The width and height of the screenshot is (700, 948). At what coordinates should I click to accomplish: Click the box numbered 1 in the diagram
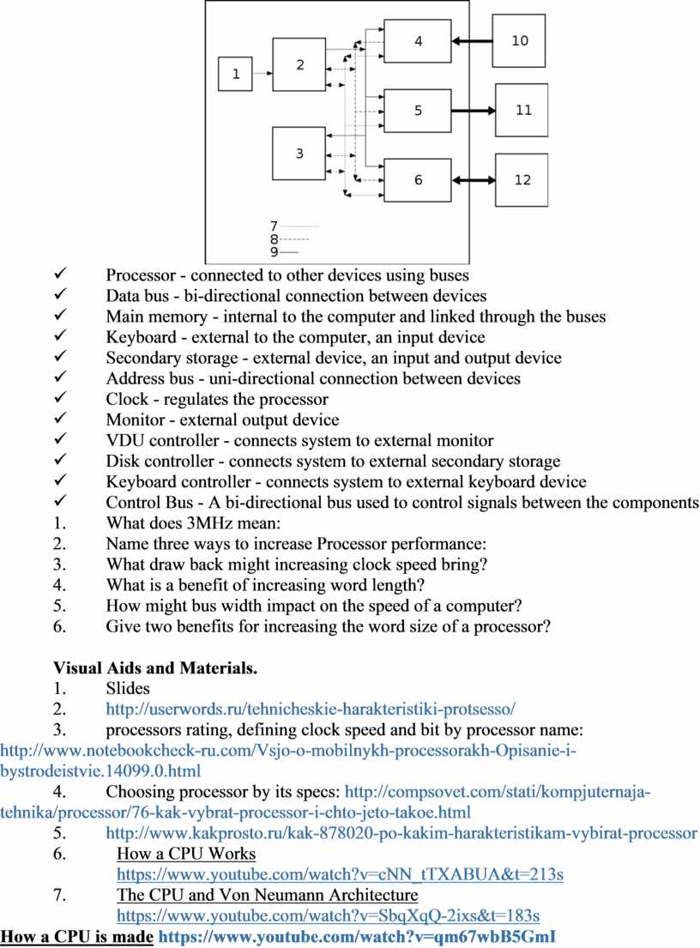(x=235, y=74)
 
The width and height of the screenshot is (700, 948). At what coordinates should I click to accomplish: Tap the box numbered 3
(x=299, y=154)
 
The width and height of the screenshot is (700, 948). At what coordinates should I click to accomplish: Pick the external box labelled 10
(x=521, y=40)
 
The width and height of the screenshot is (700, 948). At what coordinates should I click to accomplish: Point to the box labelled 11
(x=523, y=110)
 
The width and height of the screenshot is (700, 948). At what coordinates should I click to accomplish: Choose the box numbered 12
(x=522, y=180)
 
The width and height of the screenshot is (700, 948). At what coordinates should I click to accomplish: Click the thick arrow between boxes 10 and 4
(x=473, y=40)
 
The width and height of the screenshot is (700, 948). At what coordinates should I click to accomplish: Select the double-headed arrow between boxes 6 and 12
(x=474, y=180)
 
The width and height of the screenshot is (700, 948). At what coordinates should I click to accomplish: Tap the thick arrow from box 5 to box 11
(x=474, y=110)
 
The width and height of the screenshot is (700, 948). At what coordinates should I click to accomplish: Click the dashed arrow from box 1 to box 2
(x=262, y=74)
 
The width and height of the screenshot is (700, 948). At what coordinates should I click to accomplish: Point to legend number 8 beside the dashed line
(x=274, y=240)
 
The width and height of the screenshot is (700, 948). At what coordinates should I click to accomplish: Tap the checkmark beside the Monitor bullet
(x=60, y=420)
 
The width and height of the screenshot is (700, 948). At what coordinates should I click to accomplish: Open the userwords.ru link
(x=311, y=709)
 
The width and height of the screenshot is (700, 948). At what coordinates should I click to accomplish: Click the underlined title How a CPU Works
(x=185, y=854)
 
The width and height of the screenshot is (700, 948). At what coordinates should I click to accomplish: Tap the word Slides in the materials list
(x=127, y=688)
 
